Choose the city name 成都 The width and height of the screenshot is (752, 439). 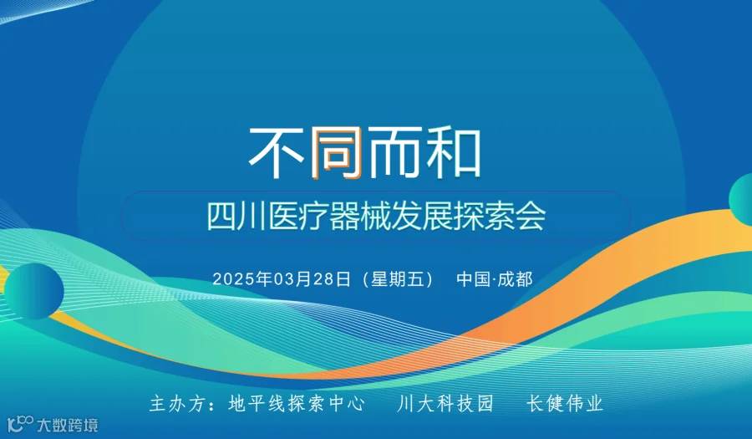click(x=516, y=278)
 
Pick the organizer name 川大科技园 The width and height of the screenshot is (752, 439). click(x=445, y=404)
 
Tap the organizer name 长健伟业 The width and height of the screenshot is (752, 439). click(x=565, y=404)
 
